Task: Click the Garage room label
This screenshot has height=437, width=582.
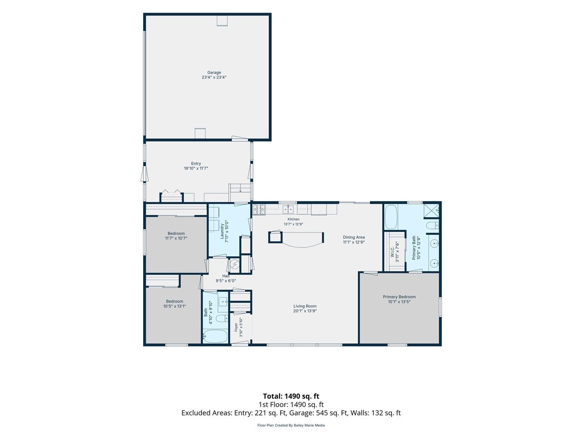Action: (214, 72)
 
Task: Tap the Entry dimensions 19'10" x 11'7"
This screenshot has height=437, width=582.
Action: (196, 168)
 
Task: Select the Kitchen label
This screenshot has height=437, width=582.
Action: (293, 219)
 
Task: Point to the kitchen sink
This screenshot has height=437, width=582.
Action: (288, 209)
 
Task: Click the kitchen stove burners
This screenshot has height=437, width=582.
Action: (259, 209)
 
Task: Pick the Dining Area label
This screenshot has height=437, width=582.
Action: (354, 237)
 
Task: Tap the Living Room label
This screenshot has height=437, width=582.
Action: (305, 306)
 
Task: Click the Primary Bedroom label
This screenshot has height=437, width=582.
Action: (399, 297)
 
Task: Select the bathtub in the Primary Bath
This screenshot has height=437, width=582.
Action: (391, 217)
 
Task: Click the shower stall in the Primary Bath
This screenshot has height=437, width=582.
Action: (431, 211)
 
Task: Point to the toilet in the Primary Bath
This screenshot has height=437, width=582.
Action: (432, 225)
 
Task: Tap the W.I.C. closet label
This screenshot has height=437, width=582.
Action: (392, 252)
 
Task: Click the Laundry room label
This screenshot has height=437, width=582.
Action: (222, 231)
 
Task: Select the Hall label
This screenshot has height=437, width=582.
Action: (226, 276)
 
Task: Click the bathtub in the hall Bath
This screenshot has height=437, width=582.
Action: (216, 336)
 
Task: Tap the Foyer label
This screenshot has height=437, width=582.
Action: (236, 327)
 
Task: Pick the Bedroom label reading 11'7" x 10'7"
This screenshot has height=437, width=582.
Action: (176, 234)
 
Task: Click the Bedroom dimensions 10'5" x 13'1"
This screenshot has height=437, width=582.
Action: (175, 306)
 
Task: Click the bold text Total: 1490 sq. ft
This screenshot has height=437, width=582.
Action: (291, 396)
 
